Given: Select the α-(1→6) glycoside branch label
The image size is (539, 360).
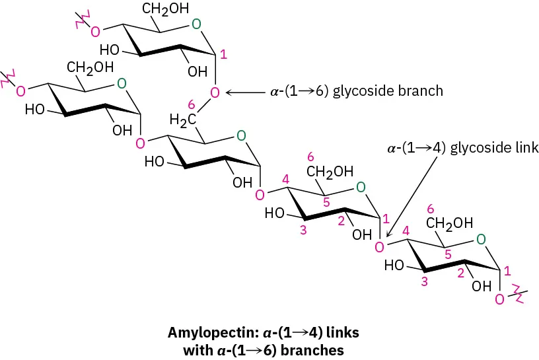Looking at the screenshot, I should tap(357, 91).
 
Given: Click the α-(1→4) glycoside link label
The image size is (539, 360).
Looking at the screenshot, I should tap(463, 148).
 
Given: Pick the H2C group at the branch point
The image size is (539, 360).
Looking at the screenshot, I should tap(183, 120).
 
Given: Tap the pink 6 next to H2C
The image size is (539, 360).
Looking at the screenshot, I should tap(192, 105).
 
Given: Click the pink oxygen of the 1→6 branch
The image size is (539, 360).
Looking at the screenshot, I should tap(214, 92).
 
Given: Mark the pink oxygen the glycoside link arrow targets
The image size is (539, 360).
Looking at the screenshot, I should tap(379, 247).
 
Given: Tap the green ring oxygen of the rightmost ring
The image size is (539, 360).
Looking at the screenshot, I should tap(482, 238).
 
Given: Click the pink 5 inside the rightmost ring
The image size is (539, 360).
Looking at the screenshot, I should tap(448, 252).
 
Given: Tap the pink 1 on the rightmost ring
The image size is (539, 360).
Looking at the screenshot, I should tap(507, 270).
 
